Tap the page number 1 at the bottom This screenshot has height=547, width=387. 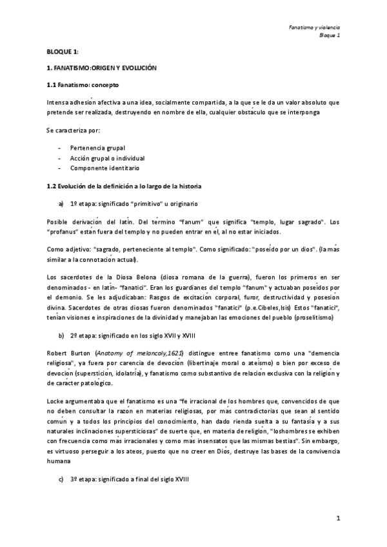pyautogui.click(x=337, y=518)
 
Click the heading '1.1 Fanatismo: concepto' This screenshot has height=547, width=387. pyautogui.click(x=82, y=85)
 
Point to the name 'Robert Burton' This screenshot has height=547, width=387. pyautogui.click(x=68, y=354)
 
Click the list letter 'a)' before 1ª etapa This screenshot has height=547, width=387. pyautogui.click(x=61, y=203)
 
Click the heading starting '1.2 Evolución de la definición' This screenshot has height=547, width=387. pyautogui.click(x=124, y=186)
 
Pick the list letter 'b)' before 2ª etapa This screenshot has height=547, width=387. pyautogui.click(x=61, y=336)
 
